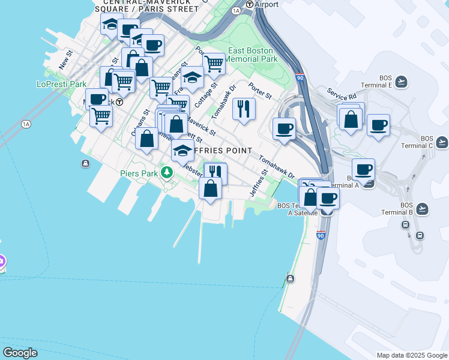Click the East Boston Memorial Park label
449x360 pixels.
coord(252,55)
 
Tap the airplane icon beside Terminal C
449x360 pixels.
coord(442,142)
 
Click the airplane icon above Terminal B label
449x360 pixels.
coord(422,208)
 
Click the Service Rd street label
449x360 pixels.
coord(342,95)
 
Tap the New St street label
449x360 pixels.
coord(65,58)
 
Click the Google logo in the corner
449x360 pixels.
coord(20,353)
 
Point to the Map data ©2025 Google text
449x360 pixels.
coord(411,355)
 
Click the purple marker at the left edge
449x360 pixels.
coord(2,262)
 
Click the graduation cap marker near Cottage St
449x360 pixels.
coord(192,79)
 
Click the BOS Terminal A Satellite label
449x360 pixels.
coord(292,209)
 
